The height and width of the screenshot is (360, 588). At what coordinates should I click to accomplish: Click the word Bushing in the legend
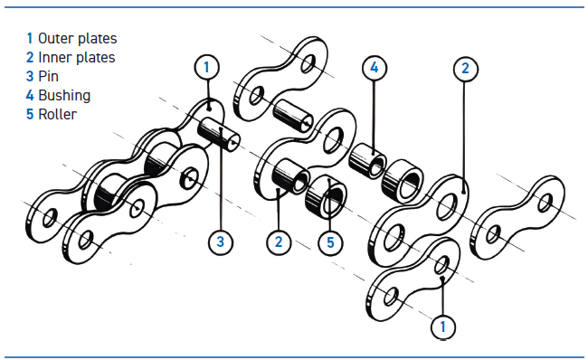[x=64, y=95]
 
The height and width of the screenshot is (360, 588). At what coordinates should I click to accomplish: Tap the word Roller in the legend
[x=57, y=114]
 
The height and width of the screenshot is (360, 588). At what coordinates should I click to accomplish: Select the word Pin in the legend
[x=48, y=76]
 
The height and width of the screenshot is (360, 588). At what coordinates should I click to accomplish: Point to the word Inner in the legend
[x=55, y=57]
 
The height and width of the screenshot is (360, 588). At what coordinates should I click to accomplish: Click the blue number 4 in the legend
[x=30, y=95]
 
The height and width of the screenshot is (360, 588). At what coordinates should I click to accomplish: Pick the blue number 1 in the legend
[x=30, y=38]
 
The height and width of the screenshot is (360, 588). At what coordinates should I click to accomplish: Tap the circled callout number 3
[x=221, y=242]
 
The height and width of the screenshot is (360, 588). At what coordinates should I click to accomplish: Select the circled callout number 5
[x=330, y=242]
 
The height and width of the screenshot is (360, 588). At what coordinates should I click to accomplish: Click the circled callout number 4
[x=375, y=68]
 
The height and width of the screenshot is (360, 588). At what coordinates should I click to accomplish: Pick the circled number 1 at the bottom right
[x=443, y=327]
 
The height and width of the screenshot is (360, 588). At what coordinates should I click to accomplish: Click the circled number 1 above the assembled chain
[x=206, y=67]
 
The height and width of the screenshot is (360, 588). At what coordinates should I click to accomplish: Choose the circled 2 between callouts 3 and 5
[x=279, y=242]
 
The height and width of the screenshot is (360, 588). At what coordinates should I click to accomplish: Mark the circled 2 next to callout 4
[x=465, y=69]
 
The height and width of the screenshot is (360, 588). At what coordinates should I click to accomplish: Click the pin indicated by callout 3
[x=219, y=134]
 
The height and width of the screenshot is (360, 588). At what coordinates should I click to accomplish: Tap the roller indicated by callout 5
[x=326, y=197]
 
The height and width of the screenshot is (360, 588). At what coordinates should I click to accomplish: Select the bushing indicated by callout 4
[x=367, y=160]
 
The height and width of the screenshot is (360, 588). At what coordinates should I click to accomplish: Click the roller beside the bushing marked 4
[x=403, y=181]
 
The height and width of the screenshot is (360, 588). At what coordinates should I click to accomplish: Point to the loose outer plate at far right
[x=517, y=217]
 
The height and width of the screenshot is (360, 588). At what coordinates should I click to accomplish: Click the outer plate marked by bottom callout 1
[x=413, y=279]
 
